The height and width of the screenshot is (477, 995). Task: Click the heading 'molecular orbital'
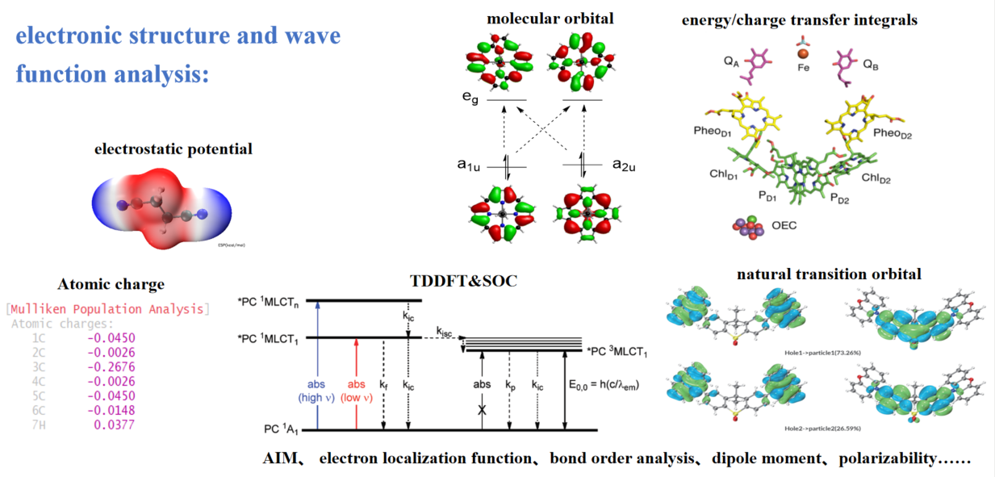(x=550, y=19)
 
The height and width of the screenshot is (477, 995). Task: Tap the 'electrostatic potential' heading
(x=173, y=149)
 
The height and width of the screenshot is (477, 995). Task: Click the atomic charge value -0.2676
(x=111, y=366)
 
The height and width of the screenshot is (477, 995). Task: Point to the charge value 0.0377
(x=114, y=425)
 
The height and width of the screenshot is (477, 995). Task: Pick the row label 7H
(x=39, y=425)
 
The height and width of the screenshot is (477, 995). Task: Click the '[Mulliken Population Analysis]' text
(x=107, y=309)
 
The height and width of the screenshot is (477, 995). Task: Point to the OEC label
(x=783, y=225)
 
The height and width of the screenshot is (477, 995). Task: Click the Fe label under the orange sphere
(x=803, y=69)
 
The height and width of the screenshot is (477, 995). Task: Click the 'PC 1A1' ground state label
(x=283, y=429)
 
